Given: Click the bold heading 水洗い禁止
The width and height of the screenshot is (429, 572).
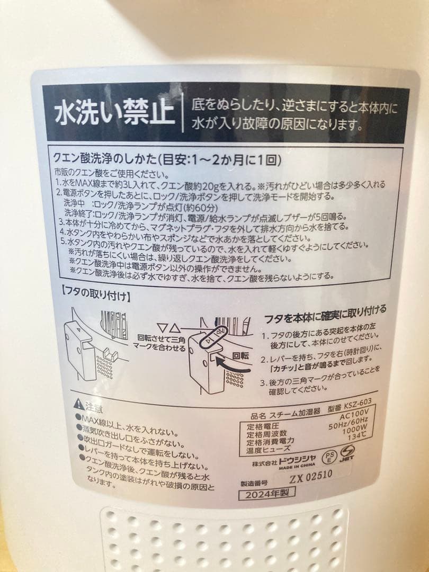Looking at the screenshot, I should coord(115,113).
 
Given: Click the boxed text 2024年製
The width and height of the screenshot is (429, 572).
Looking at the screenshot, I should coord(266,495).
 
